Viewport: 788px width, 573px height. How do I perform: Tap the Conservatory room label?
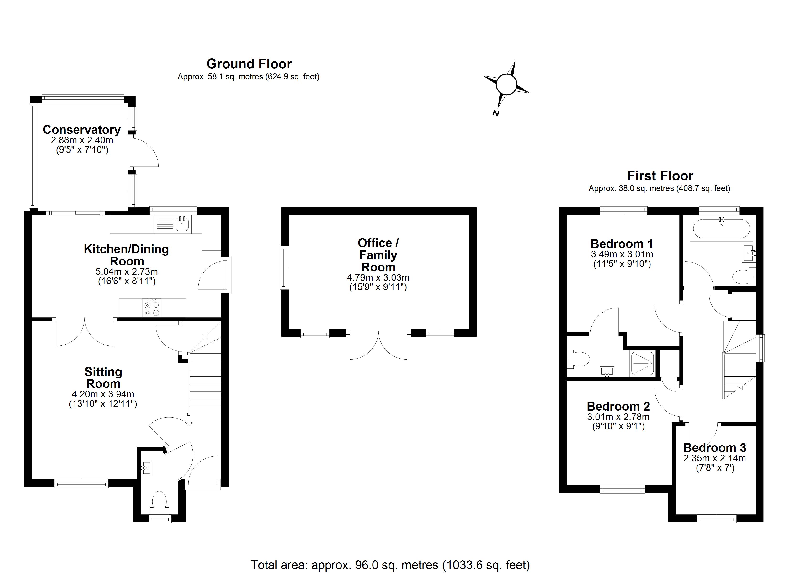click(82, 130)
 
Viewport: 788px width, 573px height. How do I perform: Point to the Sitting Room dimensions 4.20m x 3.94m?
click(103, 394)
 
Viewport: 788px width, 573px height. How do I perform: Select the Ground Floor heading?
click(249, 64)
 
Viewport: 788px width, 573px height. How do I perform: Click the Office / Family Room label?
click(378, 255)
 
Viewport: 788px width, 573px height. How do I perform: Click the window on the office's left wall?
click(285, 268)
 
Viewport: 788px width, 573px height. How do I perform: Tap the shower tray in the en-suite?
click(642, 363)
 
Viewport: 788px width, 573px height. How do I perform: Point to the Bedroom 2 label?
click(618, 406)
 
